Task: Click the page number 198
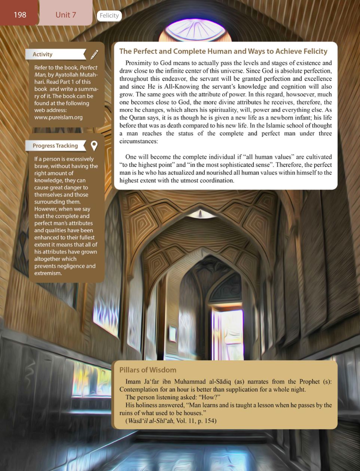coord(20,15)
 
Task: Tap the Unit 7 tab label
coord(65,15)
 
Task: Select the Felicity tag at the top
coord(109,15)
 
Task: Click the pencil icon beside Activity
coord(94,55)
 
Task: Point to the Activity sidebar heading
coord(42,54)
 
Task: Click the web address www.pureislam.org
coord(58,117)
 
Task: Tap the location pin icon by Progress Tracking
coord(94,146)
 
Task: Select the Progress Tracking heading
coord(55,146)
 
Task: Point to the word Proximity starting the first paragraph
coord(137,63)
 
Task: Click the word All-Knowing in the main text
coord(181,86)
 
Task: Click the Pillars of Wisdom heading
coord(148,370)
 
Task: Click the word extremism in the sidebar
coord(48,273)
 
